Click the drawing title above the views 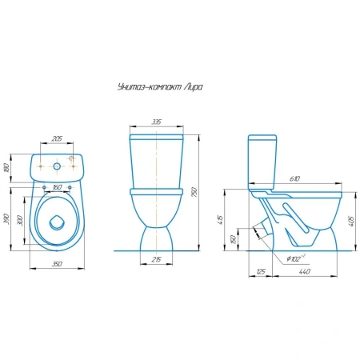pos(160,87)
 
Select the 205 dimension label pos(57,138)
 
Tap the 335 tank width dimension pos(157,122)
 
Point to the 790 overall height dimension pos(195,192)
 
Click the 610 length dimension pos(294,179)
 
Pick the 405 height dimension pos(351,221)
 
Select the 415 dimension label pos(220,219)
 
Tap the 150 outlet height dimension pos(234,239)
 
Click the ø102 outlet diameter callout pos(296,258)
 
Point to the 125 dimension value pos(261,271)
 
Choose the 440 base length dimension pos(305,271)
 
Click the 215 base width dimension pos(156,259)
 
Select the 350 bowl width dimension pos(57,264)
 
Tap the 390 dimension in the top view pos(7,219)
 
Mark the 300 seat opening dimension pos(20,220)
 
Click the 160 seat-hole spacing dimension pos(57,187)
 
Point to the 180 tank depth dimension pos(7,168)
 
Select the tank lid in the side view pos(262,138)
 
